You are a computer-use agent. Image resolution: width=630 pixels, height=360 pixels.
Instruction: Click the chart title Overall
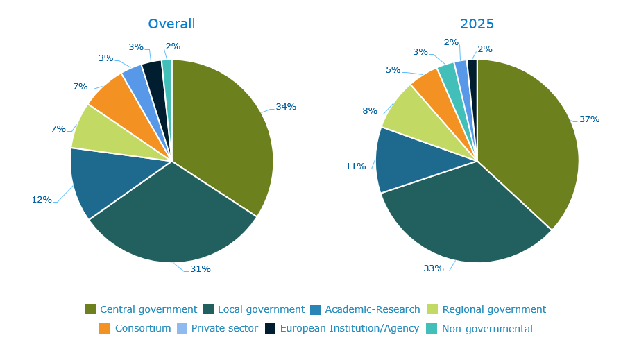point(171,24)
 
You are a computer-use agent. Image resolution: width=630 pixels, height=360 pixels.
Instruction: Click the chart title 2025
point(477,24)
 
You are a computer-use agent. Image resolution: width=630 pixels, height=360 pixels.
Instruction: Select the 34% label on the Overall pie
point(286,107)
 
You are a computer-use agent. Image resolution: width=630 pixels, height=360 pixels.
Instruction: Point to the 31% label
point(201,268)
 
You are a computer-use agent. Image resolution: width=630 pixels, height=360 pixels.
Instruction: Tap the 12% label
point(42,200)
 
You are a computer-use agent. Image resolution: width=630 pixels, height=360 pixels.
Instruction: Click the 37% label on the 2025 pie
point(589,119)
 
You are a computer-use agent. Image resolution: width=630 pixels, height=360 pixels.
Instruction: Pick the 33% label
point(434,268)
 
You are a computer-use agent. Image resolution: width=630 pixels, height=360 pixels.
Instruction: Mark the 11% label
point(356,166)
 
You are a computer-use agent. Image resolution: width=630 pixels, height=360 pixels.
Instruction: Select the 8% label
point(370,111)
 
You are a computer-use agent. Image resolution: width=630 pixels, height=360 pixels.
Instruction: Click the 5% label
point(393,70)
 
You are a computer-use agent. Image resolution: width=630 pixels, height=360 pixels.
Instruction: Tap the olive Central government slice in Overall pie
point(222,132)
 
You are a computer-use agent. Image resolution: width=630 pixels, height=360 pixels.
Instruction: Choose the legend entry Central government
point(148,309)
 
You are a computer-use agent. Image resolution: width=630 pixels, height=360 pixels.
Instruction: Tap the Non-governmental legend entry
point(487,329)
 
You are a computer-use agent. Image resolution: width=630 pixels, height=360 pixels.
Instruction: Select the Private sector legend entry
point(224,328)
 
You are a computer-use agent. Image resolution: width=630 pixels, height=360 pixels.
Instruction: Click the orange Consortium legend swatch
point(105,328)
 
